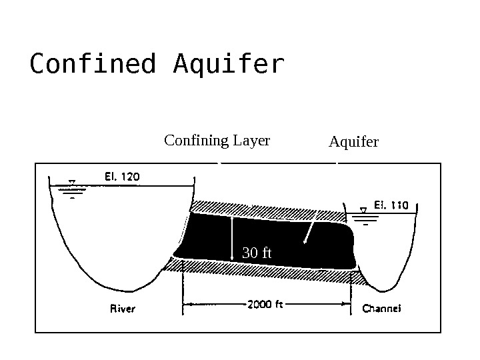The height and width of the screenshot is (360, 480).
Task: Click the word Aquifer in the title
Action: tap(229, 65)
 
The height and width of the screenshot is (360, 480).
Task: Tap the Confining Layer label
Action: tap(217, 141)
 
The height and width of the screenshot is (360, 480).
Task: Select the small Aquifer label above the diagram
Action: tap(353, 142)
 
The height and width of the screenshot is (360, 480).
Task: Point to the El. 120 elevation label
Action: tap(122, 177)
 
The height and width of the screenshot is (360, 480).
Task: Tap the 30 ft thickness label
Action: tap(257, 253)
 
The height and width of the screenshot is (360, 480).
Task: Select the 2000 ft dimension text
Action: tap(265, 305)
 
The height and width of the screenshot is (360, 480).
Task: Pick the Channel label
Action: tap(381, 309)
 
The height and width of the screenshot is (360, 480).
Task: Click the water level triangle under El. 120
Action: tap(71, 181)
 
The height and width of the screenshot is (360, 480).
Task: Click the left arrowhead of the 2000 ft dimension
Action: tap(186, 305)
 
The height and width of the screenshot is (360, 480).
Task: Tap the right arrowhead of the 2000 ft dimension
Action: tap(347, 305)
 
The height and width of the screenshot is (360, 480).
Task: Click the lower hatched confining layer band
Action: tap(267, 271)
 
